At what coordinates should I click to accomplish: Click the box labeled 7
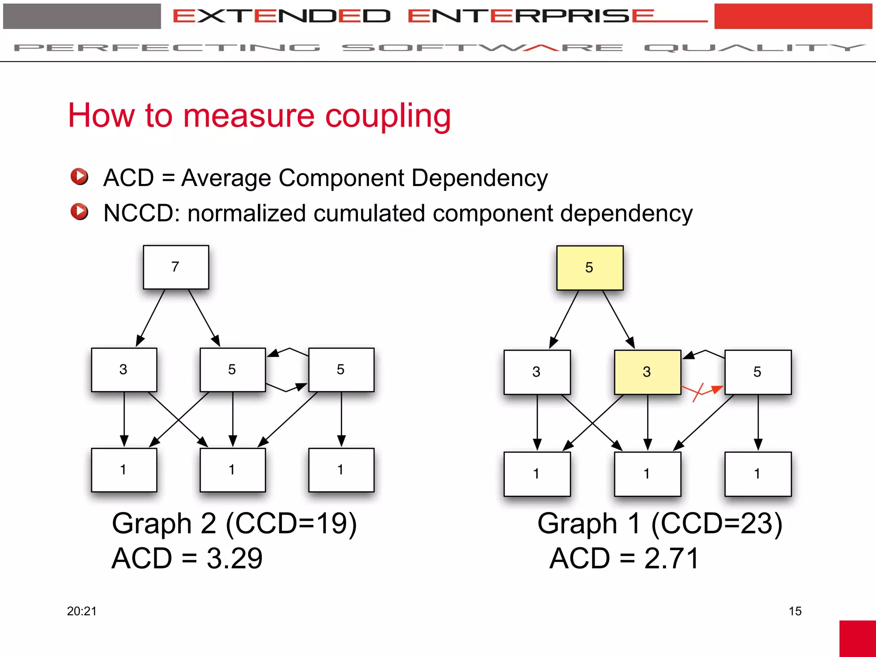(x=176, y=267)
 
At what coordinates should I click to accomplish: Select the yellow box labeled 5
(x=589, y=268)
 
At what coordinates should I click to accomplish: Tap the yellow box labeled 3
(x=647, y=372)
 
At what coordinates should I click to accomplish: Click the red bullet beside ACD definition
(x=80, y=177)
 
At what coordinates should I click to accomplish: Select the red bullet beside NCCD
(x=80, y=212)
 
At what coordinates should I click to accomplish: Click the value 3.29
(x=234, y=559)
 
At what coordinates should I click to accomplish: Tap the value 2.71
(x=672, y=559)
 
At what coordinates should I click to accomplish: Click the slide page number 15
(x=795, y=611)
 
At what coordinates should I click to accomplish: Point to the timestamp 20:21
(x=82, y=611)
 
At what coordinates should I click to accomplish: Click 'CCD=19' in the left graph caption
(x=291, y=524)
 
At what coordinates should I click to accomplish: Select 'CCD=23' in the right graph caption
(x=716, y=524)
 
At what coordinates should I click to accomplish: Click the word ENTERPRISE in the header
(x=530, y=16)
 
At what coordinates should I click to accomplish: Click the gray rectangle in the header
(x=82, y=16)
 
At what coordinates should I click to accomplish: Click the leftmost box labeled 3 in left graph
(x=124, y=370)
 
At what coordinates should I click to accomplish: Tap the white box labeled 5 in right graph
(x=758, y=372)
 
